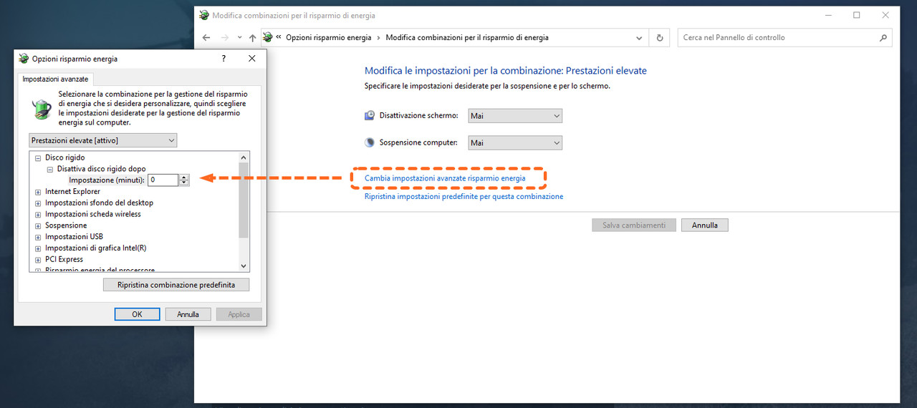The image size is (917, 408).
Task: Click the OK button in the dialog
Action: [137, 314]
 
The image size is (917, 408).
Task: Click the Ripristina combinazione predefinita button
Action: [176, 285]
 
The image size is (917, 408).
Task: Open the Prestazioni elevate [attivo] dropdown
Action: [102, 140]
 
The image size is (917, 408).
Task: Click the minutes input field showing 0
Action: [163, 180]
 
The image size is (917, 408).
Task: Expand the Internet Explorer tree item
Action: [38, 192]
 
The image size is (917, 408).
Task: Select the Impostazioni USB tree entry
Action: [74, 236]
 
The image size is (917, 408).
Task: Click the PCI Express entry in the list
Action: [64, 259]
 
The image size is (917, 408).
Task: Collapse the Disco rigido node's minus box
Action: [38, 157]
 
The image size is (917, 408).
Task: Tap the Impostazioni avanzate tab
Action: [55, 79]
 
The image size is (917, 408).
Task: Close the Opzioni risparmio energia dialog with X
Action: [251, 59]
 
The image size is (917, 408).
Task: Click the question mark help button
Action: [224, 59]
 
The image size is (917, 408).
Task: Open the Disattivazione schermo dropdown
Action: [515, 116]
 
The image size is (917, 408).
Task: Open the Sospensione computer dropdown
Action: [515, 142]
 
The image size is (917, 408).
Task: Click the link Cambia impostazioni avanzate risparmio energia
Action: [445, 178]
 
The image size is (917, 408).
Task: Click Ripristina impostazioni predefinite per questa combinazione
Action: [464, 196]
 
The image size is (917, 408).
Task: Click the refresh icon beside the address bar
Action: [660, 38]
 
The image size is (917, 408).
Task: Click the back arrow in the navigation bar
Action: [206, 38]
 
